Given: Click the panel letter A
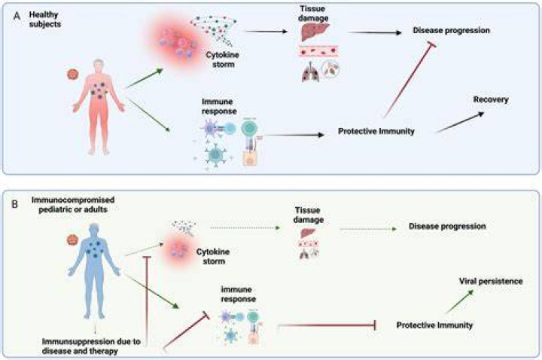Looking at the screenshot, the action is pos(17,16).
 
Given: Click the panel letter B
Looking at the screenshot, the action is pos(15,204).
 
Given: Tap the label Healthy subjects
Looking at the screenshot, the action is pos(45,20).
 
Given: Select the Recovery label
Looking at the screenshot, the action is pos(491,99).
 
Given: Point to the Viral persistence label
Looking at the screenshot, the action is pos(491,281).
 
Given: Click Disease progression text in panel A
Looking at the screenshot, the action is pos(451,30).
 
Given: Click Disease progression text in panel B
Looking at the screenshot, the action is pos(447,226).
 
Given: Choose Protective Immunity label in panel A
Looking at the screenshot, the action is pos(376,131).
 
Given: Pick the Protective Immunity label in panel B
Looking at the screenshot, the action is pos(434,325).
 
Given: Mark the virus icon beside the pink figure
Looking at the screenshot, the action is pos(73,74).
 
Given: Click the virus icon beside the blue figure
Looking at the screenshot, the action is pos(72,239).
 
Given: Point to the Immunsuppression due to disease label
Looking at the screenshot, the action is pos(91,346).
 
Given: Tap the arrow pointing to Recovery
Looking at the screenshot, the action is pos(460,122).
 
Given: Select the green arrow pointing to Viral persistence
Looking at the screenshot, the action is pos(458,302).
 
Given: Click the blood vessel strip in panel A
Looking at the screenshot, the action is pos(318,52).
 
